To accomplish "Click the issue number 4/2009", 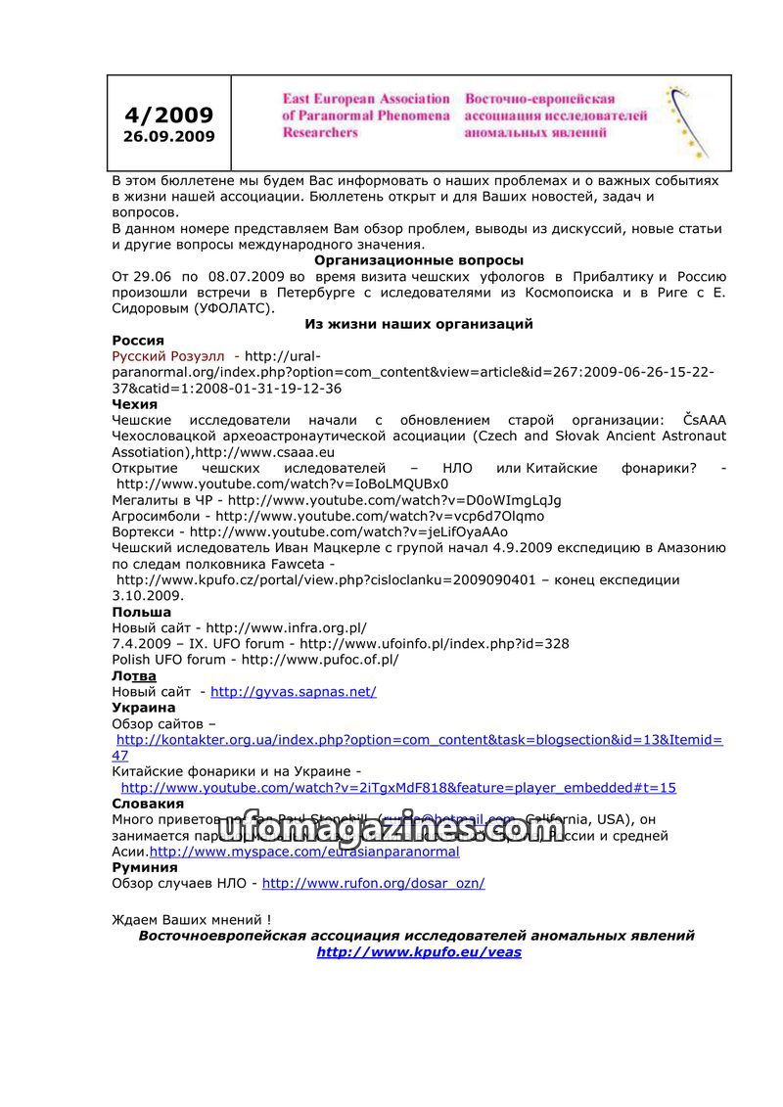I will (168, 115).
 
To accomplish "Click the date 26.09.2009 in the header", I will (168, 137).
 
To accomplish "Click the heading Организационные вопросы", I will (418, 260).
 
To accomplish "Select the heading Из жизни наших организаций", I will (418, 324).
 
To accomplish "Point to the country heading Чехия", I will (135, 404).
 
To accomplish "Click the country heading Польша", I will (142, 612).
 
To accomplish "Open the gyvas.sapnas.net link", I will (294, 691).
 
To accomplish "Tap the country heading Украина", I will (144, 707).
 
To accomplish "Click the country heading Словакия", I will (148, 804).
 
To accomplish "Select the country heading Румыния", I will (145, 867).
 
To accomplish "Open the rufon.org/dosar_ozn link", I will (373, 883).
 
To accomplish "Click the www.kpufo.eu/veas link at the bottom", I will (418, 951).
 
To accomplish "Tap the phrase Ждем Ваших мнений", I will (191, 920).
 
